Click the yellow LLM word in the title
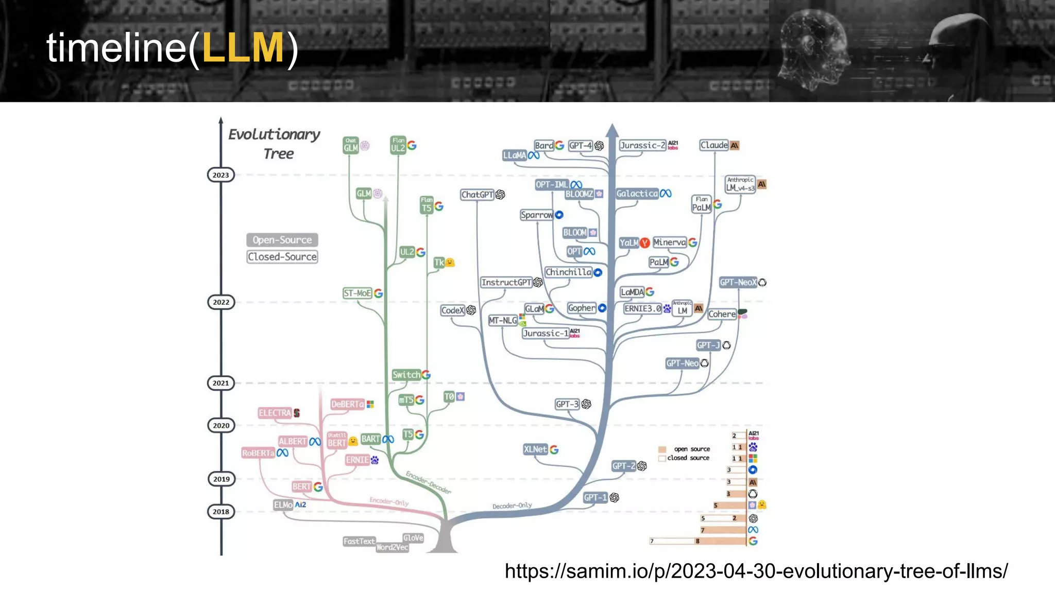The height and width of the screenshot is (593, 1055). pos(242,48)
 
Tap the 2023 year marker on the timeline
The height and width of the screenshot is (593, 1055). pos(220,175)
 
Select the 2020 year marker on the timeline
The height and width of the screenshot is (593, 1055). pos(221,426)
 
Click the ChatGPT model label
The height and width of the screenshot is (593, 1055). pos(477,195)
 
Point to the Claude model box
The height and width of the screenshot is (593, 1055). pos(714,145)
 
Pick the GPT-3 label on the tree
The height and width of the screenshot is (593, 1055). pos(567,404)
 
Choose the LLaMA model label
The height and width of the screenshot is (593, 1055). pos(515,155)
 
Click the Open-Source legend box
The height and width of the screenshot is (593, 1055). pos(282,240)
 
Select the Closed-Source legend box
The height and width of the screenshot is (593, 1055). pos(282,257)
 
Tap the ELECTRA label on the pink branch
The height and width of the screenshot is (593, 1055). pos(275,413)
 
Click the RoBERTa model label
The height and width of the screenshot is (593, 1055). pos(258,453)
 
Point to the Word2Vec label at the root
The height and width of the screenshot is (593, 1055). pos(392,547)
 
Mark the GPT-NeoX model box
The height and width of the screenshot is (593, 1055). pos(738,282)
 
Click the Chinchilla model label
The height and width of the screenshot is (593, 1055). pos(568,272)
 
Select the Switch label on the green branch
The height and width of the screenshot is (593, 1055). pos(406,375)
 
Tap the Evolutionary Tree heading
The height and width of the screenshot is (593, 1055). pos(275,144)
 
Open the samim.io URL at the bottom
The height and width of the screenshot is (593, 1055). pos(756,571)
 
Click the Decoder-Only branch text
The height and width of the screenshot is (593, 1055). pos(512,505)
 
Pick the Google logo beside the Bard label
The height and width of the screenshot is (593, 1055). pos(559,146)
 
